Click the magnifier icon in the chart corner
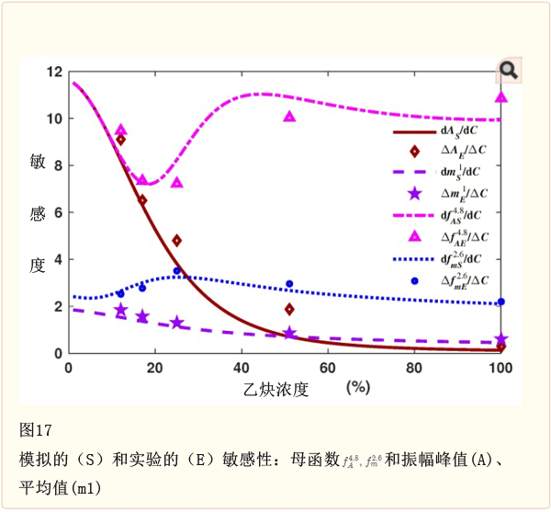coord(508,70)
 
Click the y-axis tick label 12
coord(54,73)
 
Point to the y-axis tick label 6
coord(58,212)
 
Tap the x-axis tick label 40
coord(242,369)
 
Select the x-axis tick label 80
coord(414,369)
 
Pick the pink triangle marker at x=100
coord(501,97)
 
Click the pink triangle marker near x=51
coord(289,117)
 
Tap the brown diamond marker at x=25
coord(176,241)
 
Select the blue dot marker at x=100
coord(500,302)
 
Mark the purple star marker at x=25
coord(176,323)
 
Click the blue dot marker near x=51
coord(289,284)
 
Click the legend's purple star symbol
coord(415,194)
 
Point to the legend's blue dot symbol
coord(415,280)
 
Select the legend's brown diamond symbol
coord(415,152)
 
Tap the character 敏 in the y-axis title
coord(37,163)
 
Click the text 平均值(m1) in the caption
coord(60,485)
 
